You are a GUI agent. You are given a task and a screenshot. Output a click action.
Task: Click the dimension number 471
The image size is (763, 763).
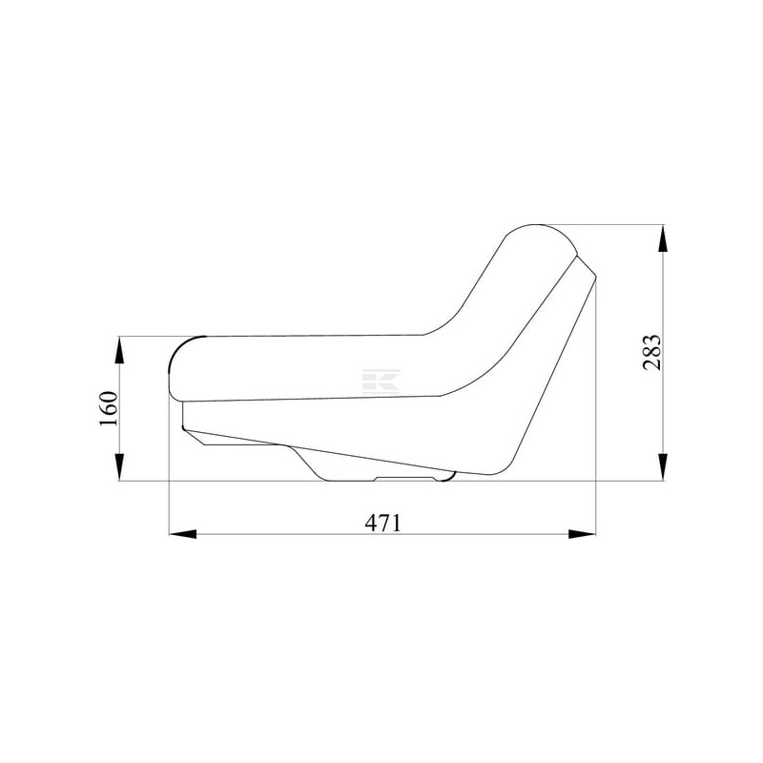click(383, 523)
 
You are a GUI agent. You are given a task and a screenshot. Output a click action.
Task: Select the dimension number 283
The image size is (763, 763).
click(652, 353)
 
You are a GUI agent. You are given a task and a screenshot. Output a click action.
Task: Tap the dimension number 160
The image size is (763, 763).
click(109, 408)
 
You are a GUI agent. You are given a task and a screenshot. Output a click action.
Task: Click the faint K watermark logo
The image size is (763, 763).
click(381, 381)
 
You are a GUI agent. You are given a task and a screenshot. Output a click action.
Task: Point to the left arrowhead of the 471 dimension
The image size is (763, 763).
click(182, 534)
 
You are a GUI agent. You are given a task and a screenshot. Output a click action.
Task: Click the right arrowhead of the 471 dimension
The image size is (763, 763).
click(582, 534)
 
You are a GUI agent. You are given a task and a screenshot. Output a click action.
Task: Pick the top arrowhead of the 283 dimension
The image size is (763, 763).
click(662, 238)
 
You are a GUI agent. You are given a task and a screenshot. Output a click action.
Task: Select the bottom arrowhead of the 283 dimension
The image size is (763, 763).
click(662, 466)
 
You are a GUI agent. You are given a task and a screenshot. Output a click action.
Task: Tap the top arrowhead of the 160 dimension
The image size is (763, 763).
click(119, 350)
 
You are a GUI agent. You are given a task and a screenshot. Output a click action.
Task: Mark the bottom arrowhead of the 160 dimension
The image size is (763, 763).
click(119, 466)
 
